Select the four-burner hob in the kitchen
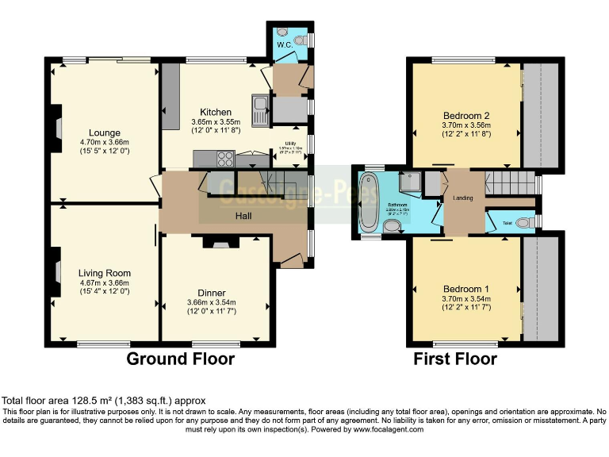[224, 158]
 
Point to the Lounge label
[105, 132]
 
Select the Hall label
[243, 216]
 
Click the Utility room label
[291, 143]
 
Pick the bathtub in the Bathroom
[370, 204]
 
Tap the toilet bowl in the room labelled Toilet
[523, 224]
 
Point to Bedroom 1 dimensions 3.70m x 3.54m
[466, 298]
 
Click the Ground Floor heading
[182, 359]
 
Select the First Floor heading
[455, 359]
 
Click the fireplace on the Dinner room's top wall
[215, 243]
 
